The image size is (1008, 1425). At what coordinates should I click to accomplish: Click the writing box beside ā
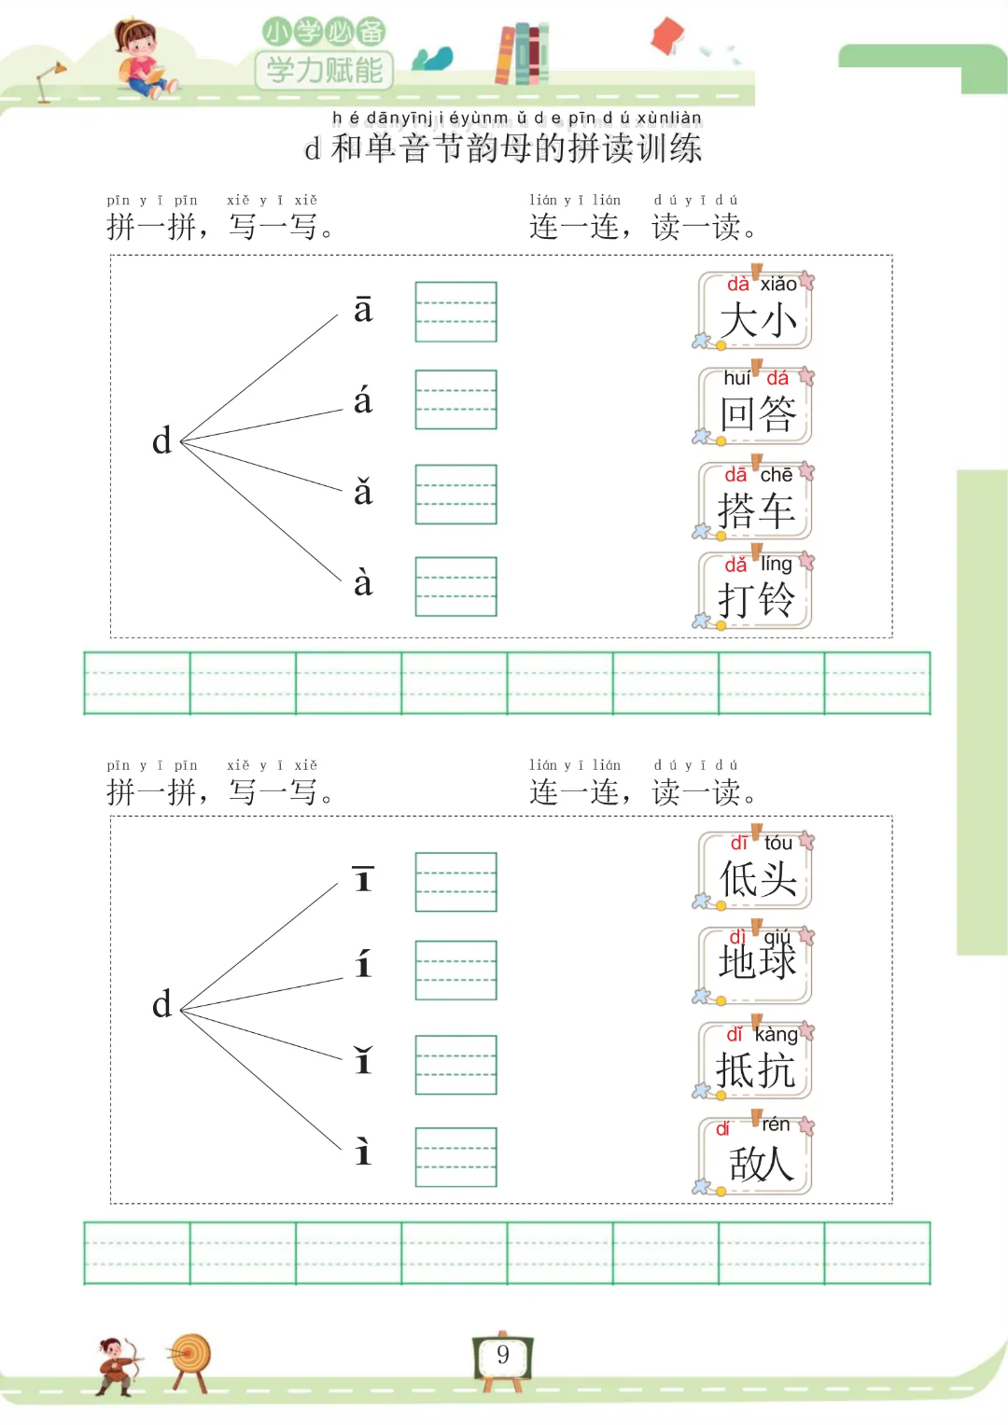pos(455,312)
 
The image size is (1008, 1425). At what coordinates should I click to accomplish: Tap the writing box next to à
pos(455,586)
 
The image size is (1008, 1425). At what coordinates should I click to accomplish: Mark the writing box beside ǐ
pos(455,1065)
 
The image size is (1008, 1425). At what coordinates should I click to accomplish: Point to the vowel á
pos(363,401)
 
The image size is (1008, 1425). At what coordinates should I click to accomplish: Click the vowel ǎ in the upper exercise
pos(363,492)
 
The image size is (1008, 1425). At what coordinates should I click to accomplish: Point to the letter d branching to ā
pos(162,440)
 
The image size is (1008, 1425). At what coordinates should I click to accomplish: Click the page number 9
pos(503,1355)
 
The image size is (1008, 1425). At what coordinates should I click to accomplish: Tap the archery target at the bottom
pos(190,1355)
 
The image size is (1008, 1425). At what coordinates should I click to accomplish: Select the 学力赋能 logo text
pos(324,70)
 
